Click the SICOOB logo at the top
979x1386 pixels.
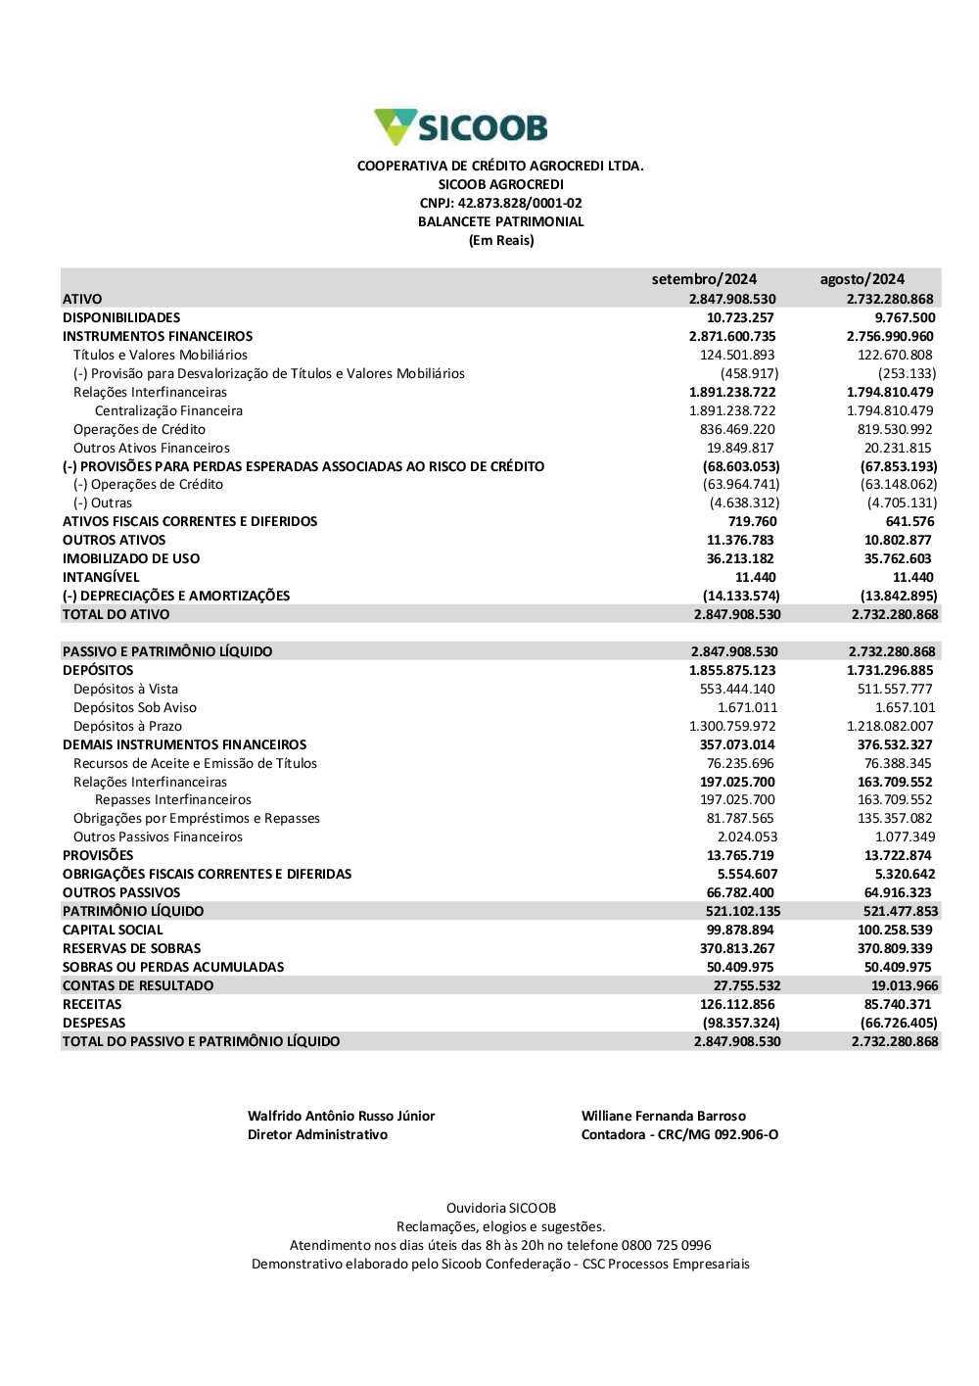(460, 127)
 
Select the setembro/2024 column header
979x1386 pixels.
(704, 279)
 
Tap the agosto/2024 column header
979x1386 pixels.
(862, 279)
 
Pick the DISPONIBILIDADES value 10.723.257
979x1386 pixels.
(740, 317)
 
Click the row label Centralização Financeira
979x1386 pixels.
(168, 410)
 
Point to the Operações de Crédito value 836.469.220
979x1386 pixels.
(737, 429)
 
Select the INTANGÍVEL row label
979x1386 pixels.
(101, 577)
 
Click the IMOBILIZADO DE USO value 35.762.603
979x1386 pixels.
(898, 558)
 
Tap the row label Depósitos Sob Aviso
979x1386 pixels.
(135, 707)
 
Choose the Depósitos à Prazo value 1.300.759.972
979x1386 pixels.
(732, 726)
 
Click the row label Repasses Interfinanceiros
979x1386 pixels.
(173, 799)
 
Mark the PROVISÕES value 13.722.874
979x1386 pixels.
(898, 855)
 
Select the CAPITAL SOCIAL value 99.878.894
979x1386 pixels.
(740, 930)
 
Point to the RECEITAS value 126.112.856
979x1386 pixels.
(737, 1004)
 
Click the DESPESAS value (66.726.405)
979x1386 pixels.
(899, 1023)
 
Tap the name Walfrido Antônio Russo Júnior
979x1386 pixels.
(341, 1116)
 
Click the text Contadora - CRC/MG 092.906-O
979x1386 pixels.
(679, 1134)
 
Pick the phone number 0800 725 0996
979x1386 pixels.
(666, 1245)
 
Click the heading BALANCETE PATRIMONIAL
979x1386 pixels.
(500, 221)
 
